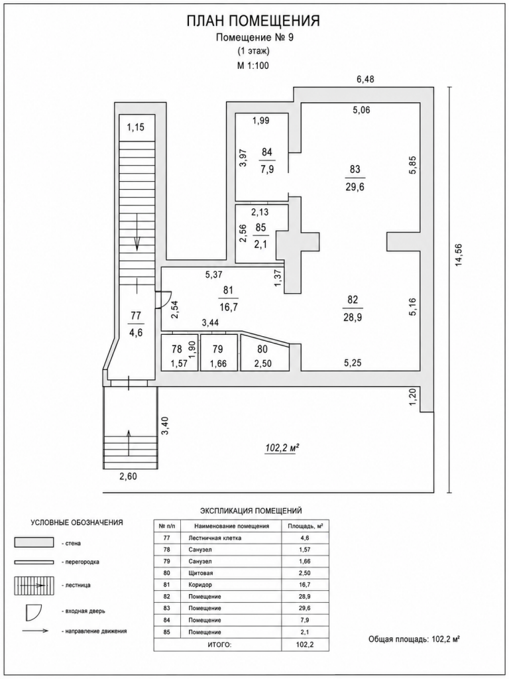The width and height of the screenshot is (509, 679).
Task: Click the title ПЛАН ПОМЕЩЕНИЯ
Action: click(x=253, y=21)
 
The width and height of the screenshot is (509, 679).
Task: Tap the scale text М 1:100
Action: click(x=254, y=66)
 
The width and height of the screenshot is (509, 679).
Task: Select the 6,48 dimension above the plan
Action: click(x=365, y=79)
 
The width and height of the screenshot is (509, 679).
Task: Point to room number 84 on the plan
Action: click(x=267, y=152)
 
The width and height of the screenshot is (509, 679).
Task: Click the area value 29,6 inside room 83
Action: click(x=355, y=187)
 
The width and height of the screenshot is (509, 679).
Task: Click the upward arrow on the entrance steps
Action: click(x=129, y=442)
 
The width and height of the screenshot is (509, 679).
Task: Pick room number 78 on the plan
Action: click(x=176, y=349)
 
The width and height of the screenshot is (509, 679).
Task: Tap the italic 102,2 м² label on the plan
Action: click(x=282, y=449)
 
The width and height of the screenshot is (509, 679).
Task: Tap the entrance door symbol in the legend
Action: click(x=33, y=611)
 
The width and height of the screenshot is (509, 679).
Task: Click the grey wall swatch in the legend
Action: click(x=34, y=542)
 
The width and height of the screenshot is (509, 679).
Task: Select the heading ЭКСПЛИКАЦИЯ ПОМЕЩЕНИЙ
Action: click(x=251, y=511)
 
